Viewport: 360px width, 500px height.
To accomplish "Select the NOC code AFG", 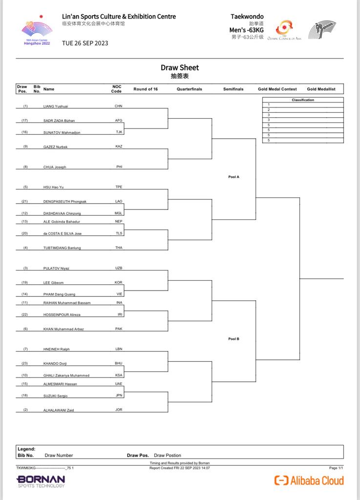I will point(119,120).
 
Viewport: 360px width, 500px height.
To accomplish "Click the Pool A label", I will point(233,177).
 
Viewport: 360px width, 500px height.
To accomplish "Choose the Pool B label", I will point(233,338).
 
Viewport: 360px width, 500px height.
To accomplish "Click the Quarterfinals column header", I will point(189,89).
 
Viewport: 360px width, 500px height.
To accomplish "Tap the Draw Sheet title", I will point(180,68).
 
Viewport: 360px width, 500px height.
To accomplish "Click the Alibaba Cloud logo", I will point(309,480).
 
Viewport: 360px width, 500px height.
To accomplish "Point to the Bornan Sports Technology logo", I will point(41,481).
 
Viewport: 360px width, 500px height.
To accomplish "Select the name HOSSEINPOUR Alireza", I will point(62,315).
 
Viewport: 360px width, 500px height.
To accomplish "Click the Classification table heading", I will point(303,100).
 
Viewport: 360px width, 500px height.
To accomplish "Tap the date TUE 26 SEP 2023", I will point(85,43).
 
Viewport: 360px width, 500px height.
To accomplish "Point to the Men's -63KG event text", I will point(247,30).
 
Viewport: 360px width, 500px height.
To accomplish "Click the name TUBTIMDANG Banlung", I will point(62,248).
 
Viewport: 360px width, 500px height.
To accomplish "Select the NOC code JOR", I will point(119,410).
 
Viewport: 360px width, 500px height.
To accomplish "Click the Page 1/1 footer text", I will point(336,468).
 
